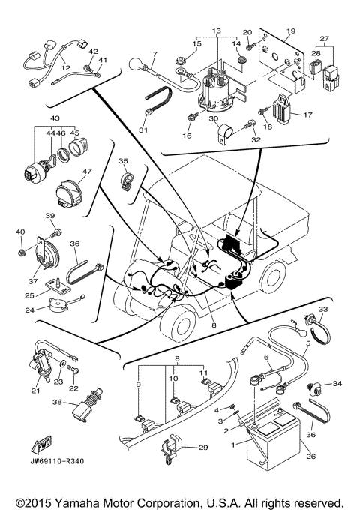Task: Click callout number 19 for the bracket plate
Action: click(x=290, y=32)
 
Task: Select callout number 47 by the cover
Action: click(x=87, y=172)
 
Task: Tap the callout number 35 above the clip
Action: click(x=123, y=161)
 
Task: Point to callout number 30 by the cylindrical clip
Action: click(x=214, y=120)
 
